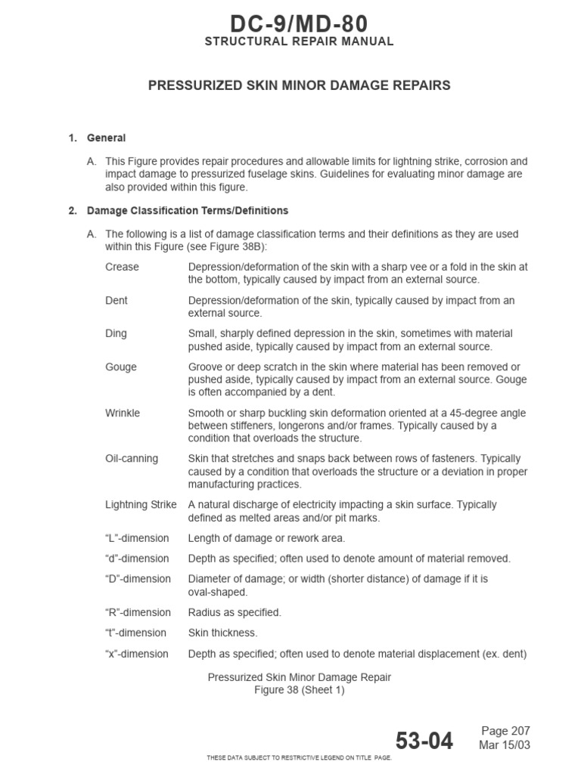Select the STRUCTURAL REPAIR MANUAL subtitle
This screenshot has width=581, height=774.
299,42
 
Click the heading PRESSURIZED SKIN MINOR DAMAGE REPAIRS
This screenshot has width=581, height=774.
299,85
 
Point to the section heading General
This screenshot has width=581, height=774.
106,138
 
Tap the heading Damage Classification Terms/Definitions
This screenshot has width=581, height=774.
187,211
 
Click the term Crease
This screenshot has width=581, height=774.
122,267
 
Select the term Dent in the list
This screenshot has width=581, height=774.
117,300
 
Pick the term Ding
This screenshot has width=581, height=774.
116,333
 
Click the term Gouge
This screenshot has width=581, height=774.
121,367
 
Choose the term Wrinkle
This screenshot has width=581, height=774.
123,413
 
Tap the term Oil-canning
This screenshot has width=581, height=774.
132,459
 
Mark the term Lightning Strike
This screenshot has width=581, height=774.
141,504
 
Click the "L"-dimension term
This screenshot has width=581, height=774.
137,538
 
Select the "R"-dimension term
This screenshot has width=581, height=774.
138,612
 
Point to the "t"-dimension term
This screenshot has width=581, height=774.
136,633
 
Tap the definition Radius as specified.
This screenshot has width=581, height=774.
235,612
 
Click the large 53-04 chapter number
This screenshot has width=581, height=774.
424,741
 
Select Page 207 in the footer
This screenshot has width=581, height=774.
506,731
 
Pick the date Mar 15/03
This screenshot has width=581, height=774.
505,745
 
